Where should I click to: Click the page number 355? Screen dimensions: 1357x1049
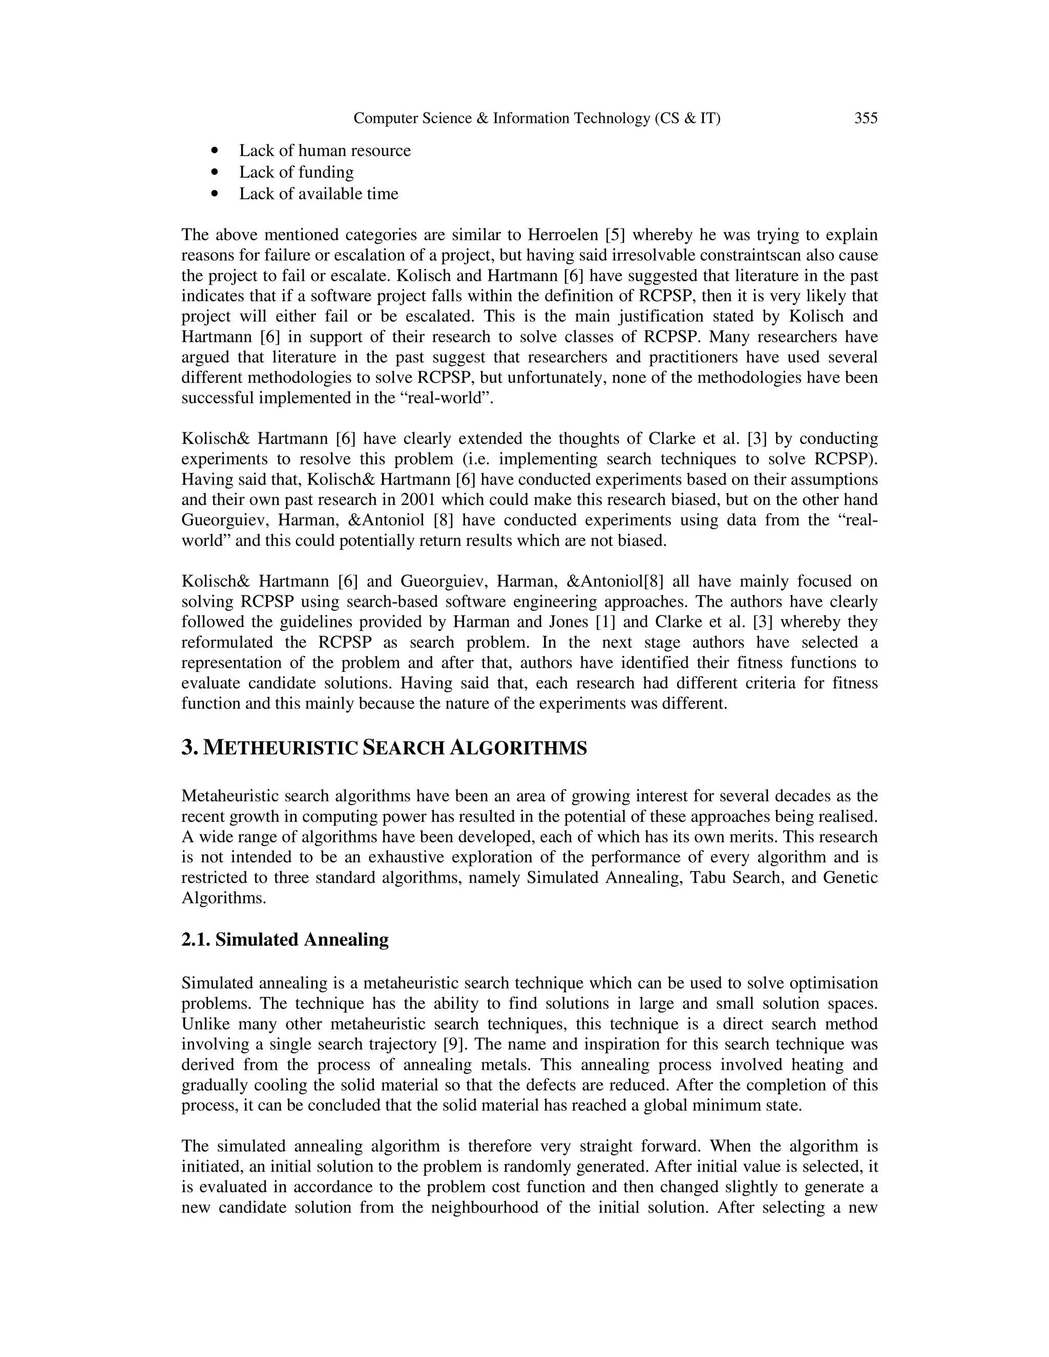(866, 118)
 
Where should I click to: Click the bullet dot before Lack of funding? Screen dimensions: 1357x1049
(215, 172)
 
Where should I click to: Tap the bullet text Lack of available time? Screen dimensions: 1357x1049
(318, 194)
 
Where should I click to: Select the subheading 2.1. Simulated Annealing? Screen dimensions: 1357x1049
(285, 940)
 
